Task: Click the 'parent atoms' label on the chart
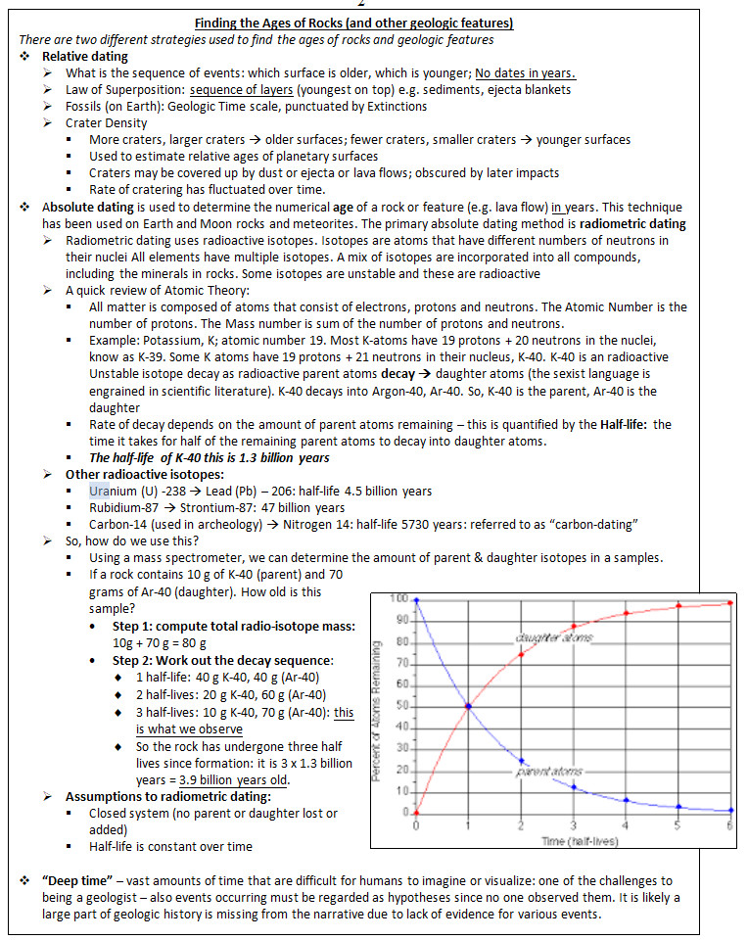pos(554,773)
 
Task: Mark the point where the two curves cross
pos(468,706)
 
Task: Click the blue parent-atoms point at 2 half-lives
pos(521,760)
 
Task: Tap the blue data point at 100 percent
pos(416,599)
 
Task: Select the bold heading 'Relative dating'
pos(84,57)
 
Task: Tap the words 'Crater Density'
pos(106,122)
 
